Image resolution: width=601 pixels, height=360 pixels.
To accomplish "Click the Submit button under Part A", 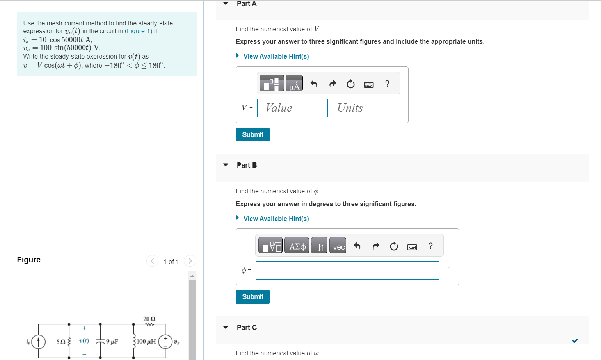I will click(252, 135).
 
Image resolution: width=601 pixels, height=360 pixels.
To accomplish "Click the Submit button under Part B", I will click(252, 297).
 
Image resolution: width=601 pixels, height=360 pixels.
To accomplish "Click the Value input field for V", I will click(292, 108).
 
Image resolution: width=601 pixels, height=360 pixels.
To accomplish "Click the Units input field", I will click(364, 108).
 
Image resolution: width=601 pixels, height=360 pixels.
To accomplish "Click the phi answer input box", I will click(347, 270).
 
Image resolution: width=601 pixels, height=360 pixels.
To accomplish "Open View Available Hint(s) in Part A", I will click(276, 56).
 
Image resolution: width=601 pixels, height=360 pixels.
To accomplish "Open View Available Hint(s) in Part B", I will click(276, 219).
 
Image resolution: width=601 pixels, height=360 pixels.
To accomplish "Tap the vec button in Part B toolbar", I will click(338, 246).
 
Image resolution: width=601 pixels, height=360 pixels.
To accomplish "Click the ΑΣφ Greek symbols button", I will click(297, 246).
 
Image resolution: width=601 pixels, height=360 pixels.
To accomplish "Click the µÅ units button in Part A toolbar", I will click(294, 84).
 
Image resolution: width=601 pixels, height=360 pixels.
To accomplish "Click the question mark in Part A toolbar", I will click(387, 84).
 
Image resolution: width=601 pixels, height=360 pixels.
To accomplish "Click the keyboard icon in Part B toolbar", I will click(412, 247).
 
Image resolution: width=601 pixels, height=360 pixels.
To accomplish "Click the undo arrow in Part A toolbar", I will click(314, 84).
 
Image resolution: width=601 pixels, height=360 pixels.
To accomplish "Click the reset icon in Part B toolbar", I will click(394, 246).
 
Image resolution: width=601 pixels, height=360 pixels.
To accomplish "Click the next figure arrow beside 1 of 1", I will click(190, 261).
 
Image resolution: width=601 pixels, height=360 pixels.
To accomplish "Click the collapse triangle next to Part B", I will click(226, 165).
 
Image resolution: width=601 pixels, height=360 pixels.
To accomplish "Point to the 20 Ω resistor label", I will click(149, 319).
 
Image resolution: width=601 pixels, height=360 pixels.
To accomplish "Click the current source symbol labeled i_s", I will click(38, 342).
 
